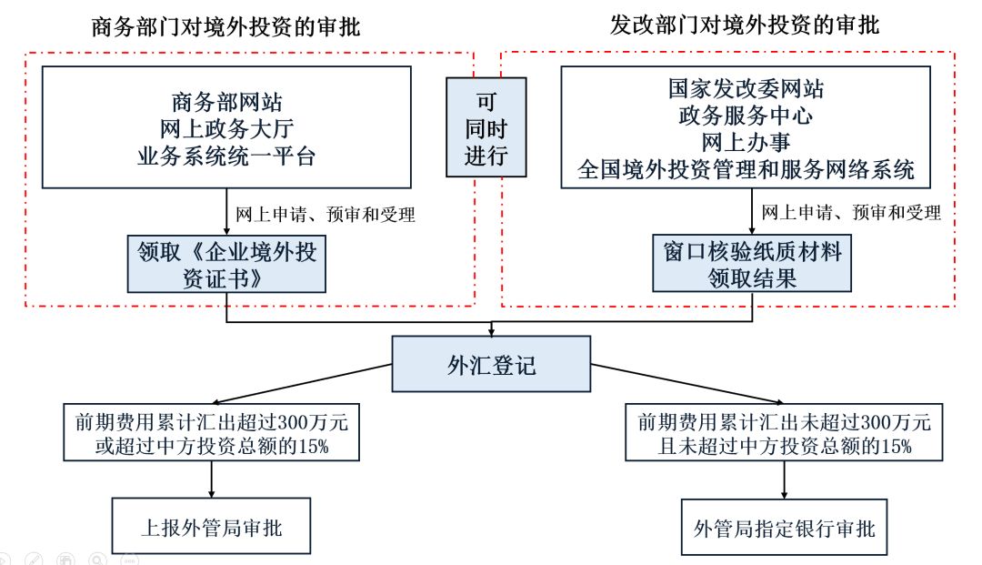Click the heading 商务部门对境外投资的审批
pyautogui.click(x=226, y=27)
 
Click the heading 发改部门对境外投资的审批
pyautogui.click(x=745, y=25)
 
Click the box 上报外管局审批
pyautogui.click(x=213, y=527)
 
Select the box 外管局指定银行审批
pyautogui.click(x=783, y=527)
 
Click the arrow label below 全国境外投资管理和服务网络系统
pyautogui.click(x=850, y=213)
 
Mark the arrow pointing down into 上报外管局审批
pyautogui.click(x=212, y=479)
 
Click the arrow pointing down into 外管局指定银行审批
pyautogui.click(x=783, y=479)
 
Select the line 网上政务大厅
pyautogui.click(x=226, y=127)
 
